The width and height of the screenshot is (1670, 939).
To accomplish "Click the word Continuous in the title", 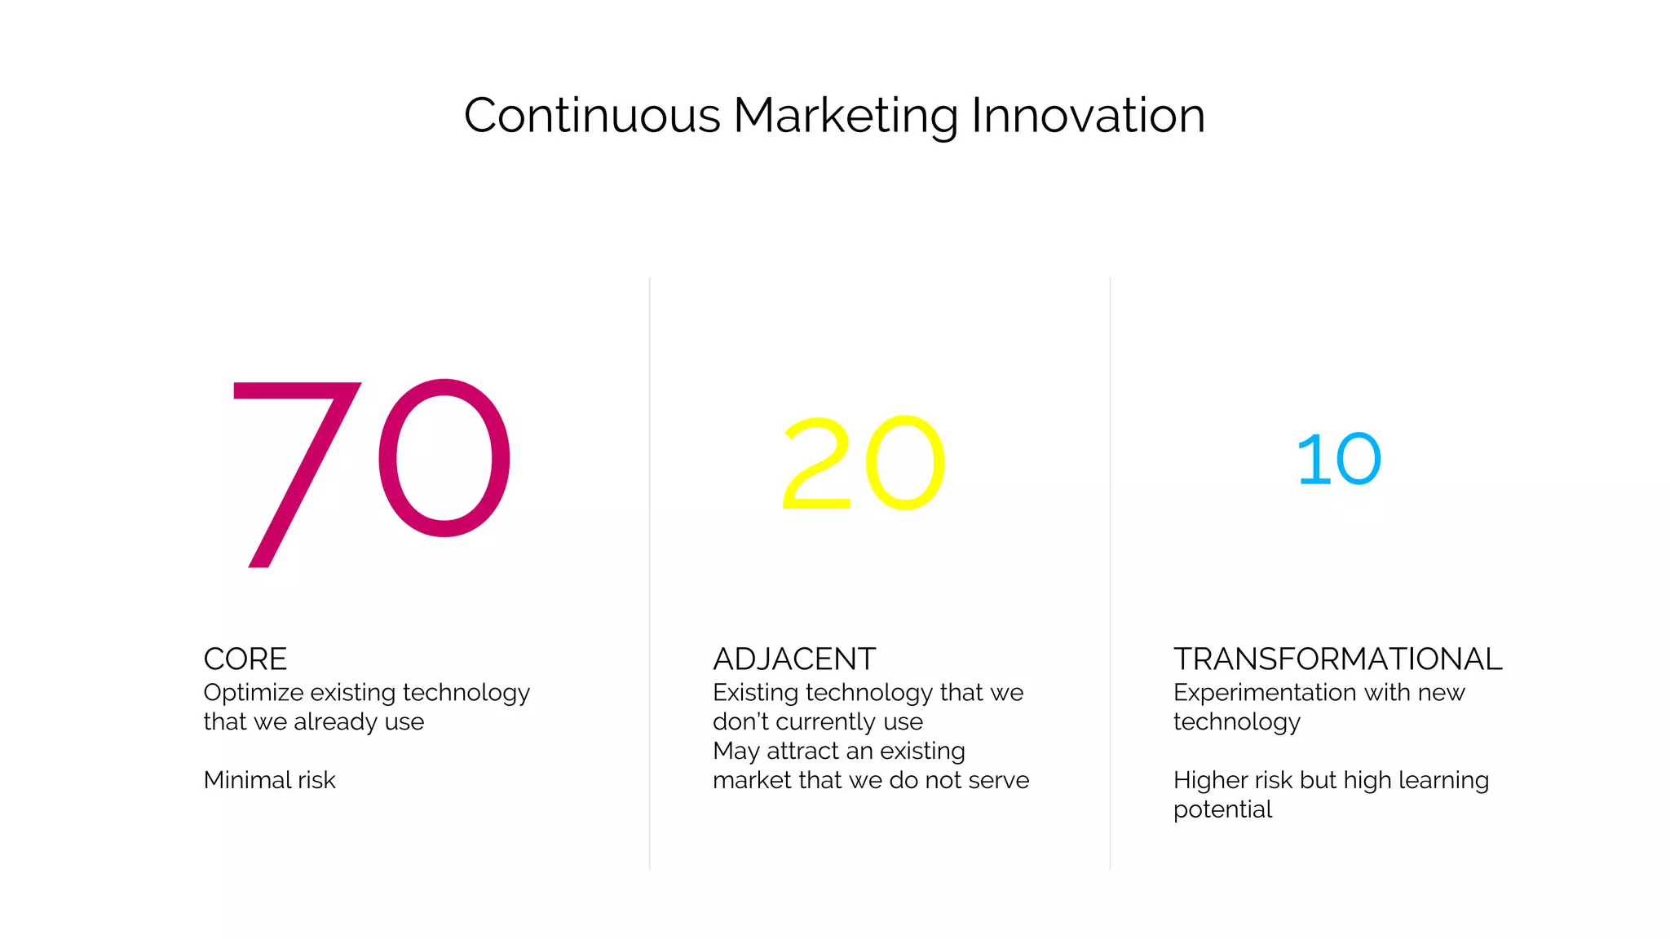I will pyautogui.click(x=592, y=116).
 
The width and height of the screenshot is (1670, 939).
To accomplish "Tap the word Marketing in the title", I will pyautogui.click(x=845, y=116).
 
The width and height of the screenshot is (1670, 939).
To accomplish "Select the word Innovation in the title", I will pyautogui.click(x=1088, y=116).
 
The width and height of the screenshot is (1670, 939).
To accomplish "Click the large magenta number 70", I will pyautogui.click(x=371, y=469).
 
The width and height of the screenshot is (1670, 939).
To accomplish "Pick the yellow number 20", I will pyautogui.click(x=864, y=463).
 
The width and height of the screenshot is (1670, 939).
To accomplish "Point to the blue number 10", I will pyautogui.click(x=1339, y=460).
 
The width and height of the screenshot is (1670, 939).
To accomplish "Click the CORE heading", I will pyautogui.click(x=245, y=659).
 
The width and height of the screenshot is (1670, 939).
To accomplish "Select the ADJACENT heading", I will pyautogui.click(x=794, y=659).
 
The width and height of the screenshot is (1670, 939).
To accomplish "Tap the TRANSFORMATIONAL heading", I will pyautogui.click(x=1337, y=659).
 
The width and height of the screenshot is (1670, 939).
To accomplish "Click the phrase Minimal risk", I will pyautogui.click(x=270, y=780).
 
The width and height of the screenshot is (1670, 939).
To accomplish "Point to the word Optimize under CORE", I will pyautogui.click(x=254, y=693).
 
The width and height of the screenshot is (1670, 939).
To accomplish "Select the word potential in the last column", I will pyautogui.click(x=1222, y=809).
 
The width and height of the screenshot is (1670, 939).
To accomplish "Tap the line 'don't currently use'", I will pyautogui.click(x=818, y=722).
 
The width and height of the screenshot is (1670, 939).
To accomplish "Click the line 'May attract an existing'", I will pyautogui.click(x=839, y=751).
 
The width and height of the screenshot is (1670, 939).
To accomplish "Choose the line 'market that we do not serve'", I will pyautogui.click(x=871, y=780).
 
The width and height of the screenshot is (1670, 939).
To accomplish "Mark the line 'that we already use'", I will pyautogui.click(x=314, y=722).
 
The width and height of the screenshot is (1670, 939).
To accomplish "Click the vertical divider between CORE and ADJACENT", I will pyautogui.click(x=650, y=571).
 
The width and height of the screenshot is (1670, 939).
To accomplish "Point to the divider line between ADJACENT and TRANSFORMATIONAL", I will pyautogui.click(x=1110, y=571).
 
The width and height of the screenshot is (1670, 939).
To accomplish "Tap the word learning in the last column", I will pyautogui.click(x=1443, y=780).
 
